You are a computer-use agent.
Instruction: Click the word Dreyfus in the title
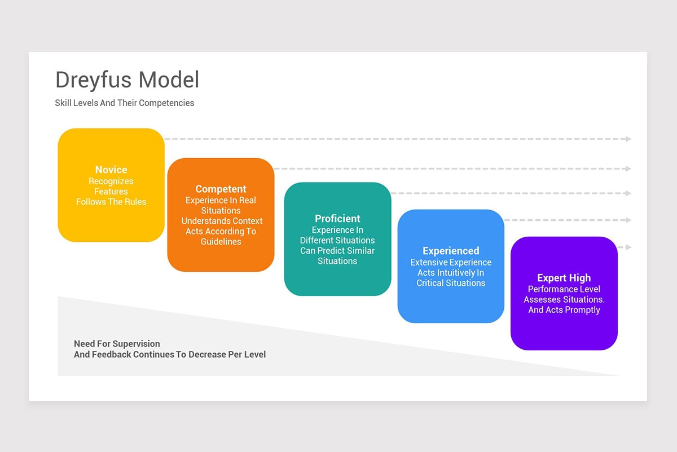pyautogui.click(x=94, y=80)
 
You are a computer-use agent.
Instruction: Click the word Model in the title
pyautogui.click(x=169, y=80)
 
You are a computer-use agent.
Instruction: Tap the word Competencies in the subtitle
pyautogui.click(x=166, y=103)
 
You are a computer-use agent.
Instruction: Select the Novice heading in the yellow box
pyautogui.click(x=111, y=169)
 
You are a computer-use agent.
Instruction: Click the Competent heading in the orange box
pyautogui.click(x=221, y=189)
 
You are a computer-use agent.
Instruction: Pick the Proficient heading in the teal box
pyautogui.click(x=337, y=219)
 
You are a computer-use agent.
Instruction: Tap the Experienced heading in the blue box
pyautogui.click(x=451, y=251)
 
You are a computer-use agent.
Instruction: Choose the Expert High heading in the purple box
pyautogui.click(x=564, y=278)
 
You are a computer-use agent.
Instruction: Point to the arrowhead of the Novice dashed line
pyautogui.click(x=628, y=139)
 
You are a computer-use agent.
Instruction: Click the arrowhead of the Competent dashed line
pyautogui.click(x=628, y=168)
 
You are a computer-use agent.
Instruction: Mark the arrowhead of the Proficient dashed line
pyautogui.click(x=628, y=193)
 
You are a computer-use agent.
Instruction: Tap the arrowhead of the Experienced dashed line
pyautogui.click(x=628, y=220)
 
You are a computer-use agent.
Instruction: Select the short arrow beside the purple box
pyautogui.click(x=625, y=247)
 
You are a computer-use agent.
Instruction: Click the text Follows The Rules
pyautogui.click(x=111, y=202)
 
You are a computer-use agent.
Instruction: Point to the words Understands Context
pyautogui.click(x=222, y=221)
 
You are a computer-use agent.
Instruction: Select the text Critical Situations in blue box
pyautogui.click(x=451, y=283)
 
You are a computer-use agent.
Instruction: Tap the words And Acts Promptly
pyautogui.click(x=564, y=310)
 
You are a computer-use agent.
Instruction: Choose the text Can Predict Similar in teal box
pyautogui.click(x=337, y=251)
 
